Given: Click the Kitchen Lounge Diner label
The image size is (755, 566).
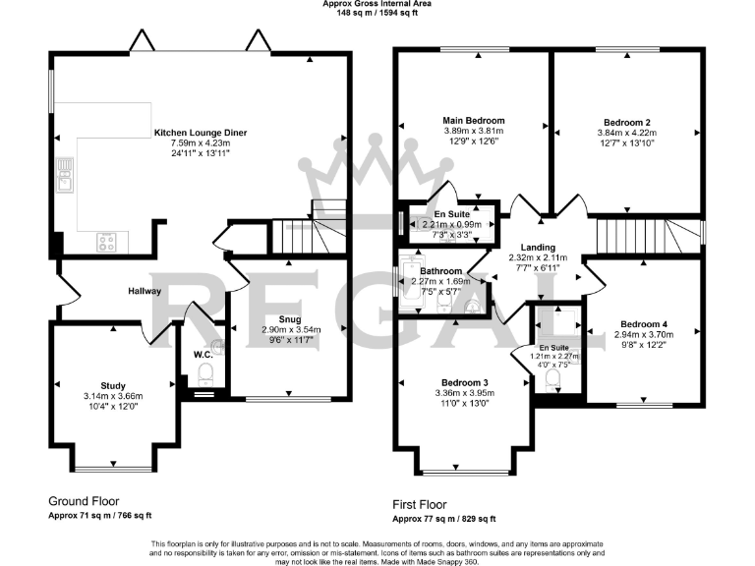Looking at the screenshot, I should pyautogui.click(x=200, y=132).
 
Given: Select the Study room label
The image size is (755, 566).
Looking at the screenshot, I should pyautogui.click(x=112, y=385).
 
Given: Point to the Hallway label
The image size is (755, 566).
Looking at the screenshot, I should pyautogui.click(x=145, y=292).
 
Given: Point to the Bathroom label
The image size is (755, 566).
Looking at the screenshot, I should pyautogui.click(x=440, y=270).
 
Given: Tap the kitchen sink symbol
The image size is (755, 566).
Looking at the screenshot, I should pyautogui.click(x=66, y=178).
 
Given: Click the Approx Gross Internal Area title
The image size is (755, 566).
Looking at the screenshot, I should pyautogui.click(x=377, y=4).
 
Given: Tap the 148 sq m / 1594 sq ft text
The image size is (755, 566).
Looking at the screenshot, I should pyautogui.click(x=377, y=13).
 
